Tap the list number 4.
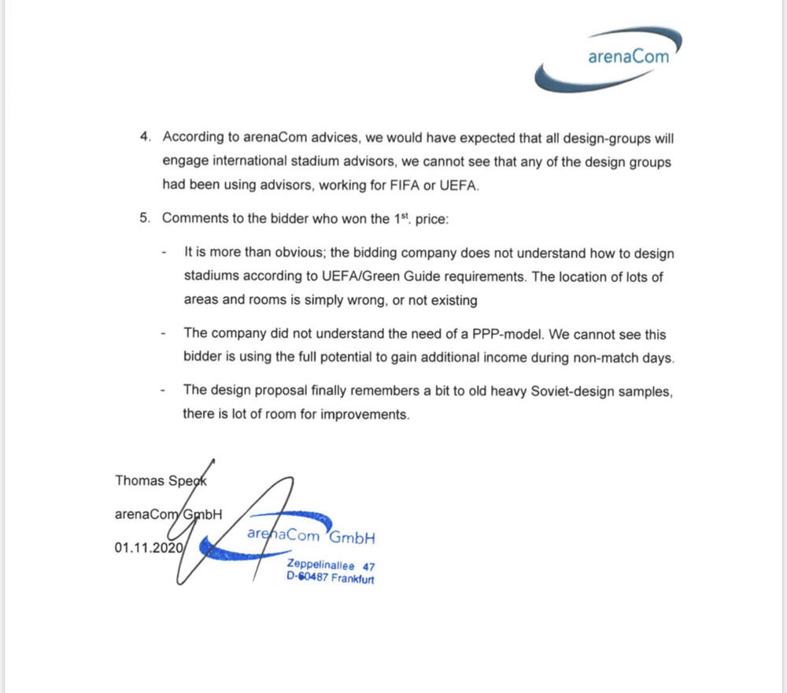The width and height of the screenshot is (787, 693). click(x=144, y=137)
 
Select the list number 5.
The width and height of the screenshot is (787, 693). click(x=144, y=219)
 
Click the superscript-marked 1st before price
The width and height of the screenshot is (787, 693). click(x=402, y=218)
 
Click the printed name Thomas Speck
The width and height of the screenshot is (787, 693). click(x=161, y=480)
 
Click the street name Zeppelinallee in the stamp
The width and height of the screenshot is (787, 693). click(x=321, y=565)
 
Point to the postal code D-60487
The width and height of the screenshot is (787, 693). click(x=308, y=579)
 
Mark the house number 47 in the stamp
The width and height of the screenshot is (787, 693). click(x=369, y=565)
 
